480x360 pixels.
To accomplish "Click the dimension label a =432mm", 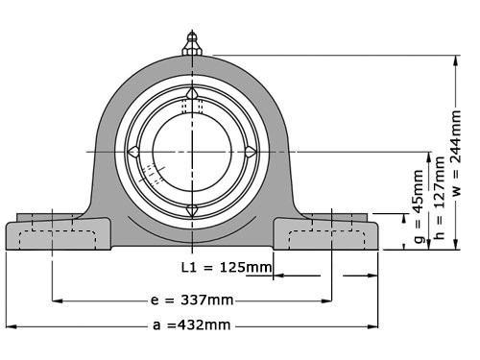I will pyautogui.click(x=191, y=325).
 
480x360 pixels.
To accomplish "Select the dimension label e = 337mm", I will pyautogui.click(x=192, y=300).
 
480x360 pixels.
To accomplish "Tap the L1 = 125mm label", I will pyautogui.click(x=226, y=266).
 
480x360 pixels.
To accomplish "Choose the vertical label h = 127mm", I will pyautogui.click(x=439, y=203).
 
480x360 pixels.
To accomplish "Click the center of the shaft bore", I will pyautogui.click(x=192, y=152).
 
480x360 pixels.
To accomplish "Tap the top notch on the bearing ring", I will pyautogui.click(x=192, y=93).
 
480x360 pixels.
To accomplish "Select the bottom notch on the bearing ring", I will pyautogui.click(x=192, y=209).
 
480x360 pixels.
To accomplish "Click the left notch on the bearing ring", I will pyautogui.click(x=135, y=152).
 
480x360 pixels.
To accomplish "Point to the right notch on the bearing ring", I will pyautogui.click(x=250, y=152).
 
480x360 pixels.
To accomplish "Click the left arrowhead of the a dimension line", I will pyautogui.click(x=10, y=325).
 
